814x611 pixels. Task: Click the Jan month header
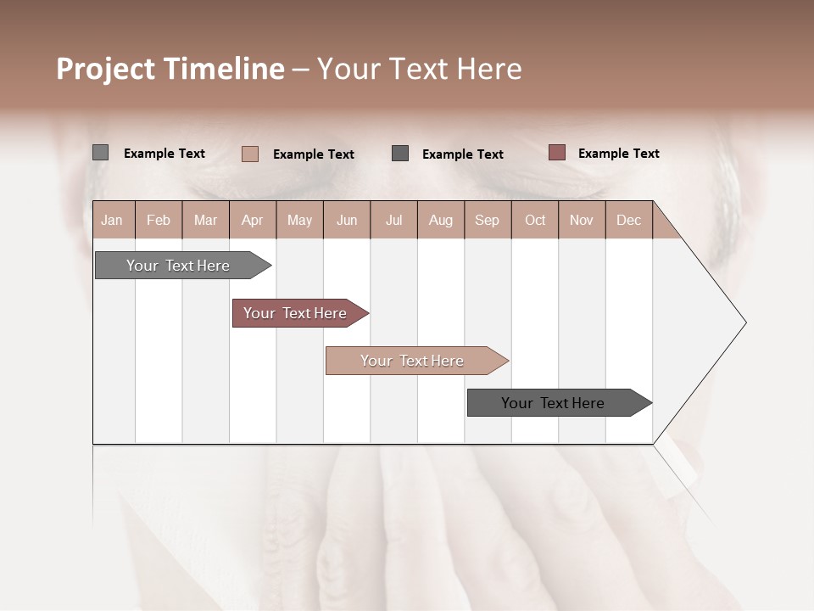[112, 220]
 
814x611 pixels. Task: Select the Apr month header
[252, 220]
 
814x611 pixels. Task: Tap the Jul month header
[393, 220]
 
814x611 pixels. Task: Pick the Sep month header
[487, 220]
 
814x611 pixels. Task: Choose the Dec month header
[628, 220]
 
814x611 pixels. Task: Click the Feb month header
[159, 220]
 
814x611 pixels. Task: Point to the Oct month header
[535, 220]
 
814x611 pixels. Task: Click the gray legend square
[100, 153]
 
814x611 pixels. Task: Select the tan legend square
[249, 154]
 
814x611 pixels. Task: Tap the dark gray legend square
[400, 154]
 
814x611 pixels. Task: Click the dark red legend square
[556, 153]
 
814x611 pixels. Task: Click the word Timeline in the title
[223, 69]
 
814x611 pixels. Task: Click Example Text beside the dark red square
[618, 154]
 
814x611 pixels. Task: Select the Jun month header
[347, 220]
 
